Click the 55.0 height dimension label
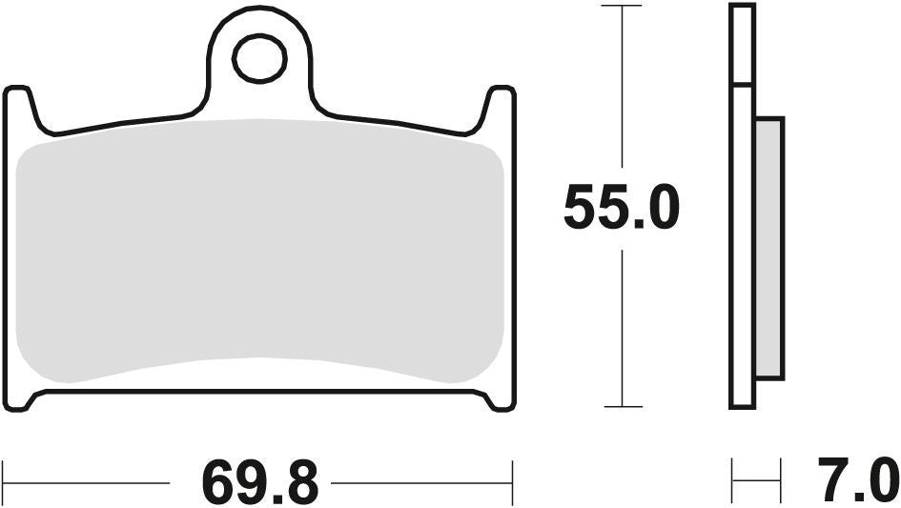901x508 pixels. (x=621, y=208)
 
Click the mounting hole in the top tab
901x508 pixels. (x=259, y=59)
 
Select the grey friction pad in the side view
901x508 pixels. (x=768, y=248)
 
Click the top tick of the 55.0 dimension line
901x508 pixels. (x=623, y=6)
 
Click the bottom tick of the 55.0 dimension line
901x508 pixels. (x=623, y=407)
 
